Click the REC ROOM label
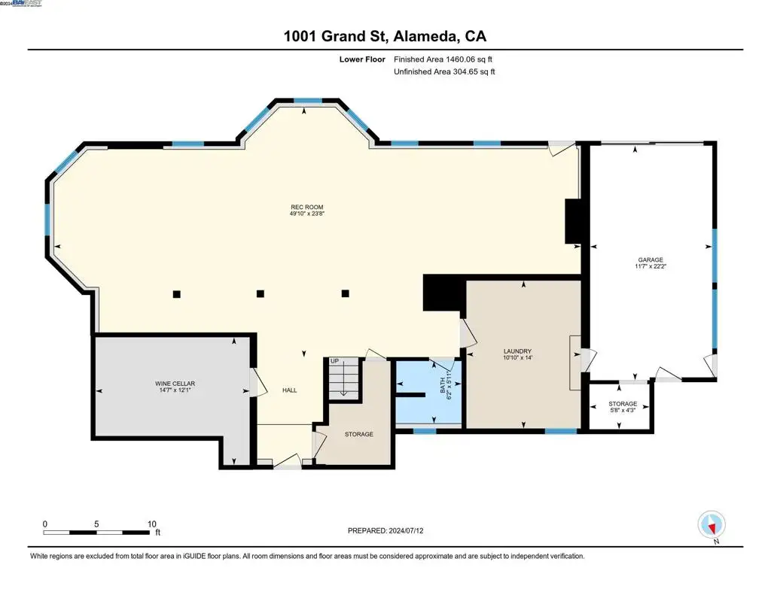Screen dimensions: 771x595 point(307,207)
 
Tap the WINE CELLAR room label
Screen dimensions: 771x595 point(175,383)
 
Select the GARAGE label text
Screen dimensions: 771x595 point(651,260)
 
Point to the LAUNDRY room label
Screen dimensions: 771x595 point(517,351)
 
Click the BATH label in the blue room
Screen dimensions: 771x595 point(443,385)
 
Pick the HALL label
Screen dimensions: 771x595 point(290,390)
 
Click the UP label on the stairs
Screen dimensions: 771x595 point(334,361)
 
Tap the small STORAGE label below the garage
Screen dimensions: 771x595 point(623,403)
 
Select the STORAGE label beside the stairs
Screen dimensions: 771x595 point(359,434)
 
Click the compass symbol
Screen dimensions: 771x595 point(712,525)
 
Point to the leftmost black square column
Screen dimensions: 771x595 point(176,294)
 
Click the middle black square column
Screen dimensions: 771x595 point(261,294)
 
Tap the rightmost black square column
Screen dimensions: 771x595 point(345,293)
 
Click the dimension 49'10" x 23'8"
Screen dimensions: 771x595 point(307,213)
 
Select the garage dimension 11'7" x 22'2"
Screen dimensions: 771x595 point(651,266)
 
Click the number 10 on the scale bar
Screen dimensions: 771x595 point(152,524)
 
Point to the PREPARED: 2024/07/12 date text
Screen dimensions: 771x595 point(385,530)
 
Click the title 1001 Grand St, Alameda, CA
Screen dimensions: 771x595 point(385,36)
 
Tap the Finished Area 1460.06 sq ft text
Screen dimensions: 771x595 point(443,59)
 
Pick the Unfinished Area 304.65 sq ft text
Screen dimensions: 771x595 point(444,71)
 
